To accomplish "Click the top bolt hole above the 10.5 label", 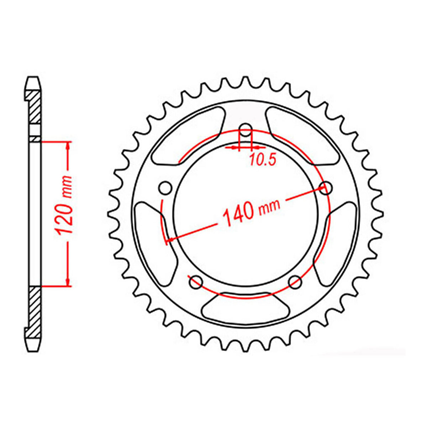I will pyautogui.click(x=246, y=130).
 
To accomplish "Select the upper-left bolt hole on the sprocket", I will pyautogui.click(x=165, y=189).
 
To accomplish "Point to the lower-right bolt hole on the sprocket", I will pyautogui.click(x=295, y=283).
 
